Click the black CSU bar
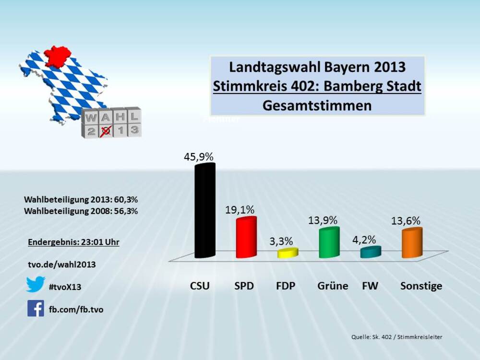coord(204,211)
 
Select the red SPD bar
coord(246,238)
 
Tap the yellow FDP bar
coord(288,253)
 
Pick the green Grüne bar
coord(329,242)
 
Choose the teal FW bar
coord(371,252)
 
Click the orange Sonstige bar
coord(412,242)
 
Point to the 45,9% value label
coord(198,157)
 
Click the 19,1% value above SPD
coord(240,210)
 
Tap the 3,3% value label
coord(281,241)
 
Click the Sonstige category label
coord(421,286)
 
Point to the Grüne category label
coord(333,286)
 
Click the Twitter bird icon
coord(36,284)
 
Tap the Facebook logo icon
coord(36,309)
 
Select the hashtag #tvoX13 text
coord(65,287)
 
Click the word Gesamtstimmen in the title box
coord(317,106)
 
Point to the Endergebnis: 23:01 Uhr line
coord(74,242)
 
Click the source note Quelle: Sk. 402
coord(396,337)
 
